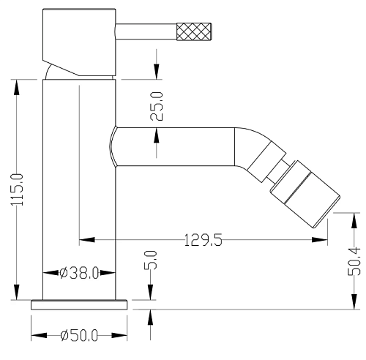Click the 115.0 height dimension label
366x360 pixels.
pos(17,190)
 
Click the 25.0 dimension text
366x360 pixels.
pos(157,106)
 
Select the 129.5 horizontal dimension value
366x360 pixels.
pos(203,240)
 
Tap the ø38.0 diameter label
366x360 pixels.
pos(79,273)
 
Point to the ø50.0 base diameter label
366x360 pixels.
pos(79,335)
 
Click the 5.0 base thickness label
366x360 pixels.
pos(150,260)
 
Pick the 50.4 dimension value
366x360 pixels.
pos(354,261)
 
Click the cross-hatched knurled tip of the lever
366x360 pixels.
pos(194,31)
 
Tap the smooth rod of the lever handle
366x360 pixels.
pos(146,31)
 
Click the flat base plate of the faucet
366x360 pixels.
pos(79,305)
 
